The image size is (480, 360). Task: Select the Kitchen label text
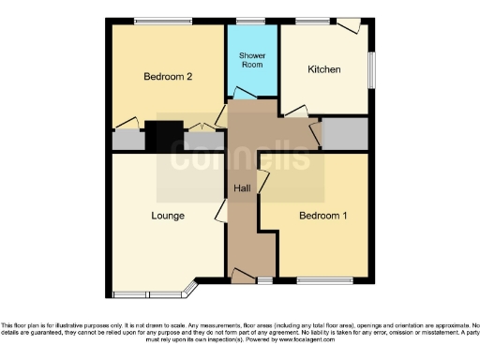(x=324, y=69)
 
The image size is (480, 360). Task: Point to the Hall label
(x=242, y=188)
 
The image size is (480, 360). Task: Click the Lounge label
(x=168, y=216)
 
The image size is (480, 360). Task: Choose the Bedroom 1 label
(x=322, y=216)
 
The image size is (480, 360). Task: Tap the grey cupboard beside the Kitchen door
(x=343, y=134)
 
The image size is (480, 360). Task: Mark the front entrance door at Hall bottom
(x=243, y=275)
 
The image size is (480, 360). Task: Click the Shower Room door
(x=243, y=93)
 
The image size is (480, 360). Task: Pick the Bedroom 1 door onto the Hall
(x=263, y=184)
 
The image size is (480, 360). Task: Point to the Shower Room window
(x=250, y=21)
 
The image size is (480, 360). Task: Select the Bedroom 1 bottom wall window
(x=324, y=280)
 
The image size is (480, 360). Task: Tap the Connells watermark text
(x=239, y=157)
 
